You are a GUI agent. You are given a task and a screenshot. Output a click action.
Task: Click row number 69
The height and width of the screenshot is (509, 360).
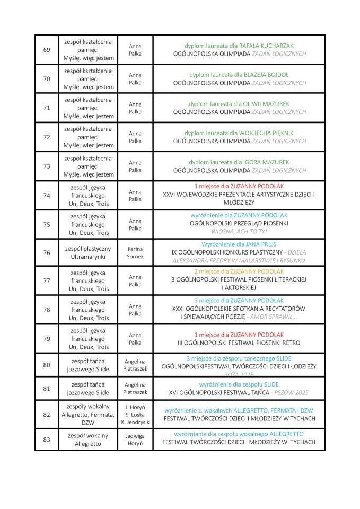pos(47,50)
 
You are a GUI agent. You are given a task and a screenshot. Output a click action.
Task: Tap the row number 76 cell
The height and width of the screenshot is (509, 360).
pos(47,252)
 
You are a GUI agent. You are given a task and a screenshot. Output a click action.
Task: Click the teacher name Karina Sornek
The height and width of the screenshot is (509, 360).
pos(135,252)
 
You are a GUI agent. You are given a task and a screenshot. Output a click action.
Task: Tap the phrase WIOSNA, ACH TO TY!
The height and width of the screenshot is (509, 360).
pos(239,232)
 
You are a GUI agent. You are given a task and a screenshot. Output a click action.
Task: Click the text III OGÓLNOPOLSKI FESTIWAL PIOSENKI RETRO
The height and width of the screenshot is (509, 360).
pos(239,343)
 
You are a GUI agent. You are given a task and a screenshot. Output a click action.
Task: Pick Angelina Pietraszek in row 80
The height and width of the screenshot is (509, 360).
pos(135,364)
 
